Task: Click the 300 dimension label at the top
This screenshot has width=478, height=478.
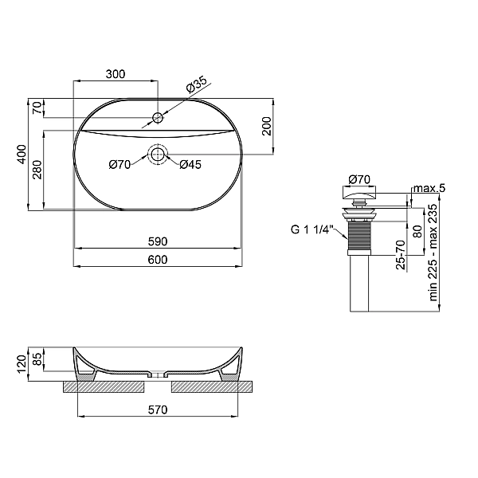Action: [x=116, y=74]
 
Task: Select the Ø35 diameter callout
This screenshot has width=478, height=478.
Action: [x=197, y=83]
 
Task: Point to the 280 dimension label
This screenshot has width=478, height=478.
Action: [x=37, y=170]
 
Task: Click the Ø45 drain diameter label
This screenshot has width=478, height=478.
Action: [x=189, y=165]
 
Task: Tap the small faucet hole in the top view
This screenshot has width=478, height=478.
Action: [x=159, y=119]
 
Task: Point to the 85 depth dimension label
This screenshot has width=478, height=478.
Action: [x=37, y=358]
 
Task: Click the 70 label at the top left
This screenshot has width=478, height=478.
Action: [x=37, y=109]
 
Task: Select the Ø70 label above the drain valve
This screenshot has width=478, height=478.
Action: [x=359, y=179]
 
